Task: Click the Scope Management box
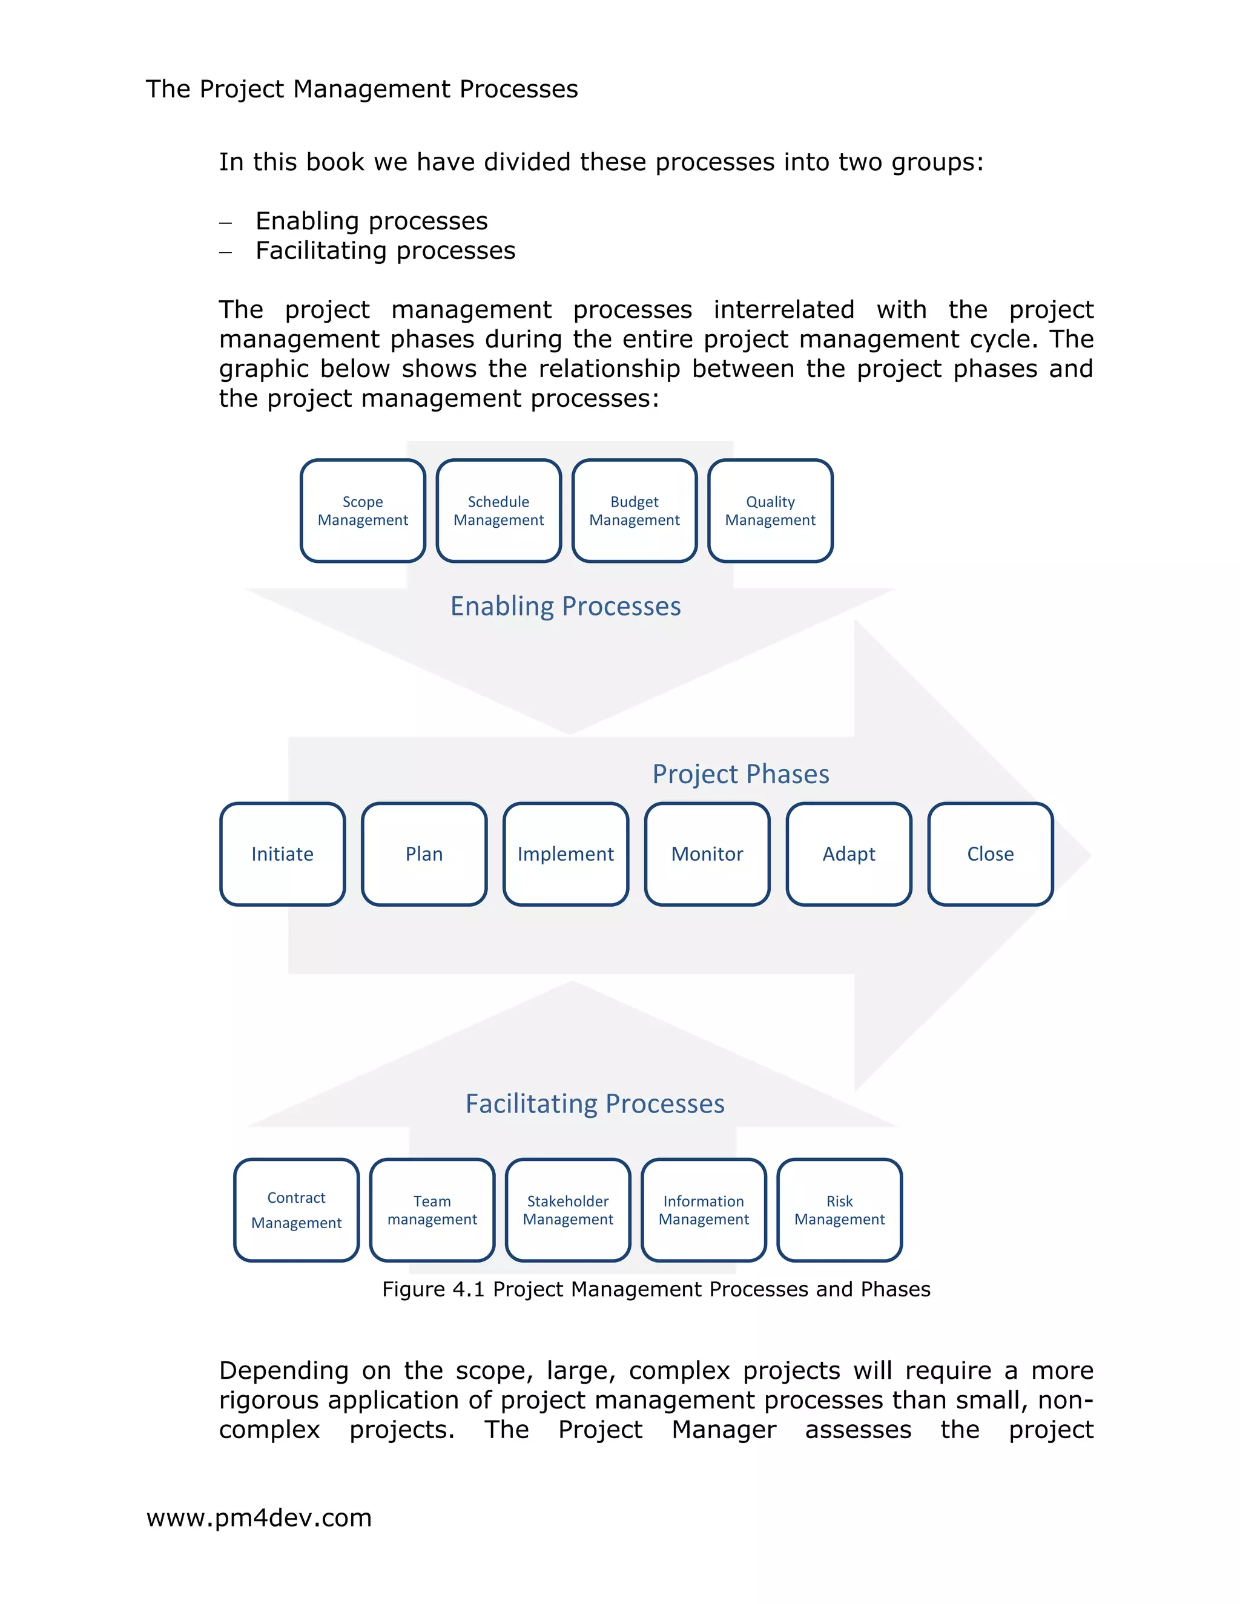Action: (363, 510)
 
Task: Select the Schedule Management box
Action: (499, 510)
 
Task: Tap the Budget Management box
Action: (635, 510)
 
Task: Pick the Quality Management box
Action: (771, 510)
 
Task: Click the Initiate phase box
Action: (282, 853)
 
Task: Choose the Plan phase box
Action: (424, 853)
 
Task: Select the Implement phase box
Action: (566, 853)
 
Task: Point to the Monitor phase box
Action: (707, 853)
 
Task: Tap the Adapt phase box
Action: (849, 853)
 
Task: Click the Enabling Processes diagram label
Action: (566, 606)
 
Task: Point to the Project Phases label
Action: (740, 774)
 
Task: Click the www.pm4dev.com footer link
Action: (259, 1517)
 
